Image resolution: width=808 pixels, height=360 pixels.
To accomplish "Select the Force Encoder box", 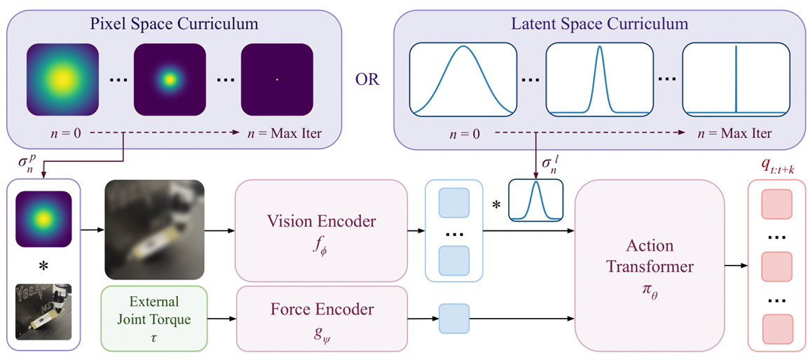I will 321,317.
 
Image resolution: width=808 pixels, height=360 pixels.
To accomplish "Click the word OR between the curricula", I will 367,79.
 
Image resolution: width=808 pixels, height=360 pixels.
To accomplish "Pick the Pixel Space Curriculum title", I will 174,24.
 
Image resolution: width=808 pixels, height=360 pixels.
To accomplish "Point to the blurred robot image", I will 153,229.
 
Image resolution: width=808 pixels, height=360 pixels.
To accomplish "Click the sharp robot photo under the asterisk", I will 43,311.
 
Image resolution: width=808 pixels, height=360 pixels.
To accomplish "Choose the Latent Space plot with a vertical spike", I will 735,79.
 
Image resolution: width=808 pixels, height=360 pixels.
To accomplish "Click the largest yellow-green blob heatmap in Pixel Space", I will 61,79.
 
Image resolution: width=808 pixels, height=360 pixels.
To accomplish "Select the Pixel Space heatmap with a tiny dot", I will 276,79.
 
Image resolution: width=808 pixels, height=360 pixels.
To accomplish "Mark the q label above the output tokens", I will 774,165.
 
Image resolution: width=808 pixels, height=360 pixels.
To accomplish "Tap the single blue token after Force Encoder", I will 452,320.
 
